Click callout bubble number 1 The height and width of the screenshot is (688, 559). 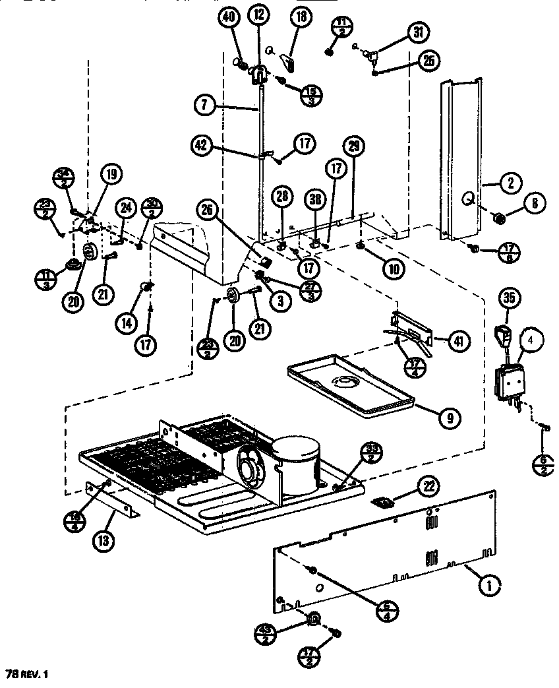click(x=488, y=583)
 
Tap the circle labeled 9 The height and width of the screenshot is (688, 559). click(x=450, y=416)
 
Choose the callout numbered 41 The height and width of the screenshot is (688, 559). click(x=457, y=341)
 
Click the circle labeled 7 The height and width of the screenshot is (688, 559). click(x=206, y=104)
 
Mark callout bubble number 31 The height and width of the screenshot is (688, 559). click(x=417, y=32)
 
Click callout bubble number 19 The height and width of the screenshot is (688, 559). click(x=111, y=175)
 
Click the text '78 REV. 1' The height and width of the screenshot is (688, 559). click(x=27, y=674)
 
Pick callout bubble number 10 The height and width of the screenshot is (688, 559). click(x=392, y=268)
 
